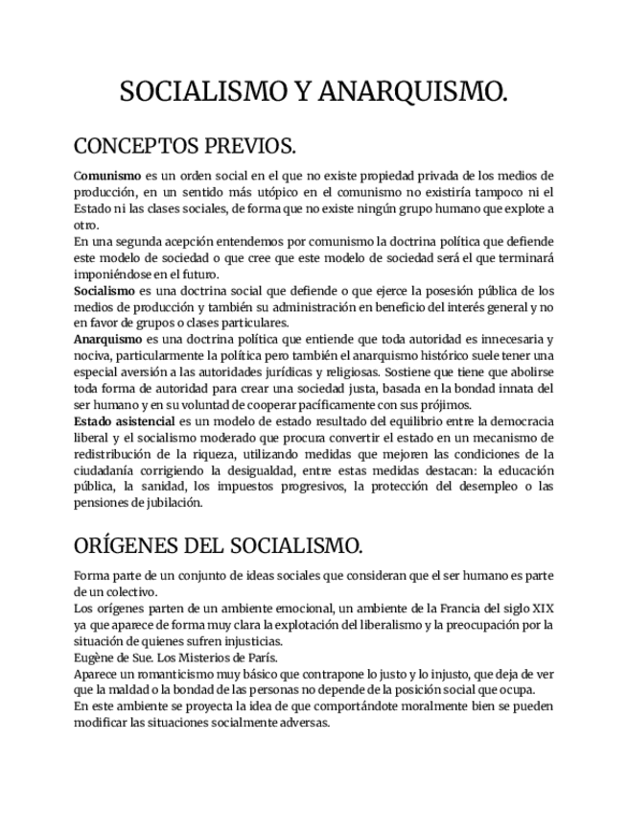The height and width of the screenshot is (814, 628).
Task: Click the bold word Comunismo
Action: coord(107,177)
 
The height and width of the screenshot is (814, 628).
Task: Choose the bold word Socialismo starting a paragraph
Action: coord(105,290)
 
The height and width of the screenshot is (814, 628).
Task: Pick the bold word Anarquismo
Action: coord(108,339)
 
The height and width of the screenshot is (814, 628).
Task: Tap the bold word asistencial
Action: coord(145,420)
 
